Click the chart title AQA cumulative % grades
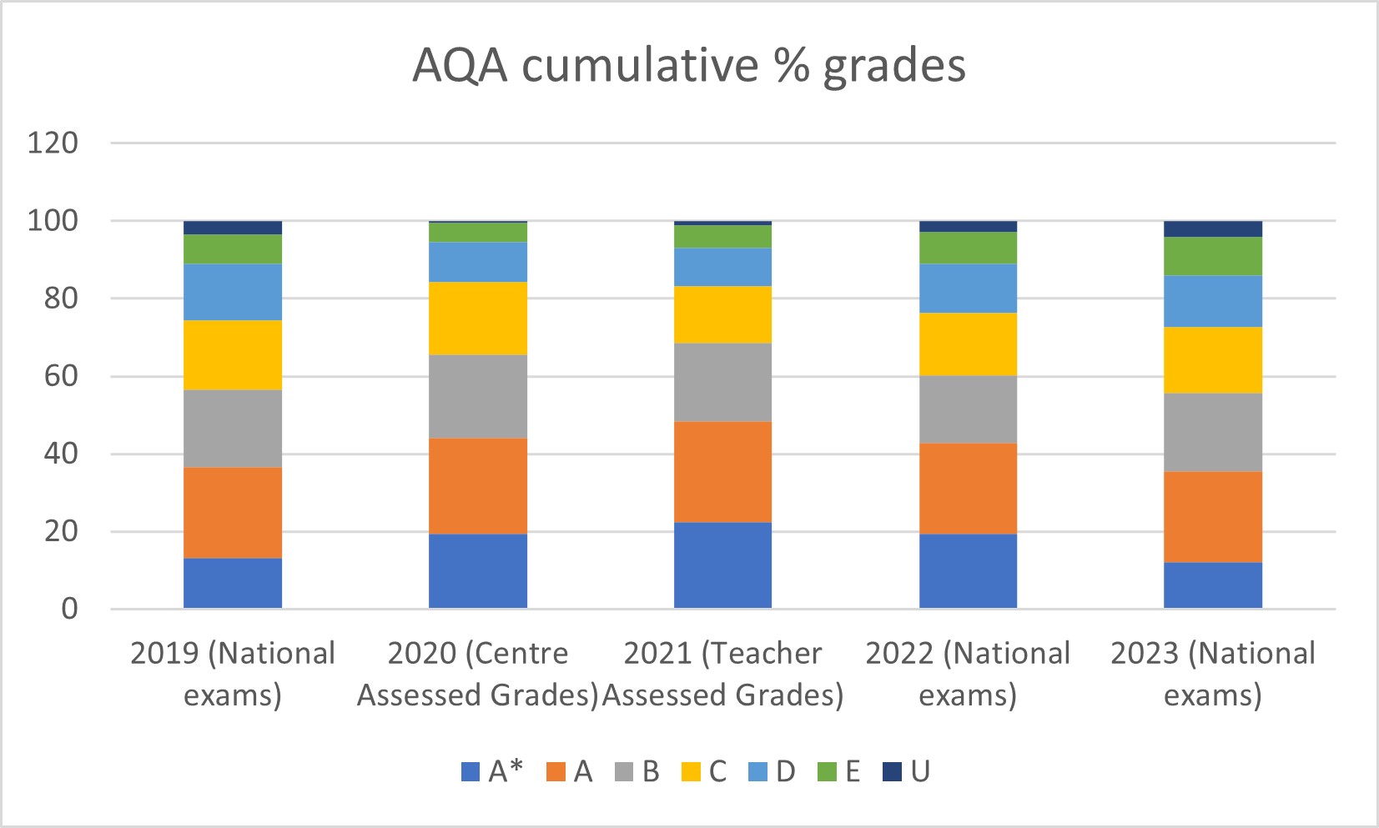coord(689,65)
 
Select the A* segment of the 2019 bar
coord(233,583)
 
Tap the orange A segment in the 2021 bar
coord(722,472)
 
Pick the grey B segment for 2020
coord(478,396)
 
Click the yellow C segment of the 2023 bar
coord(1213,360)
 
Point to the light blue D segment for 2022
coord(968,289)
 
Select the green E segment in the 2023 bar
coord(1213,256)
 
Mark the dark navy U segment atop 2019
coord(233,228)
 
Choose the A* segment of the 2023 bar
coord(1213,585)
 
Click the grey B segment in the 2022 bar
coord(968,409)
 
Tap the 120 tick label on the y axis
coord(53,143)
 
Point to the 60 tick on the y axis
coord(61,376)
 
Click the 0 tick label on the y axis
coord(70,609)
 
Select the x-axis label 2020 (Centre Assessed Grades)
coord(478,674)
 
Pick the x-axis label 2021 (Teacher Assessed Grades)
coord(722,674)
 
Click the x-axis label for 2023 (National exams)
coord(1213,674)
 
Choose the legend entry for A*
coord(492,771)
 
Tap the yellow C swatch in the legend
coord(691,772)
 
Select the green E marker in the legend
coord(826,772)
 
